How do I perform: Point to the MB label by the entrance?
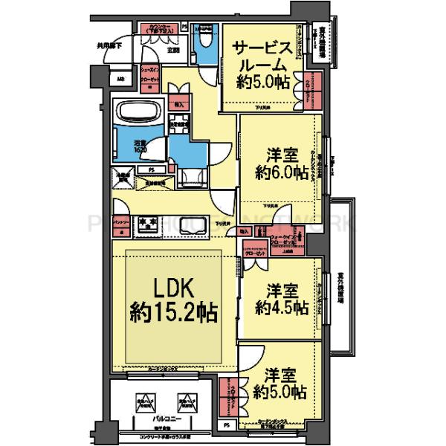coord(120,79)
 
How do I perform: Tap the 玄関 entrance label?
coord(172,51)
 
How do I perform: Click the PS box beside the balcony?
coord(226,426)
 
